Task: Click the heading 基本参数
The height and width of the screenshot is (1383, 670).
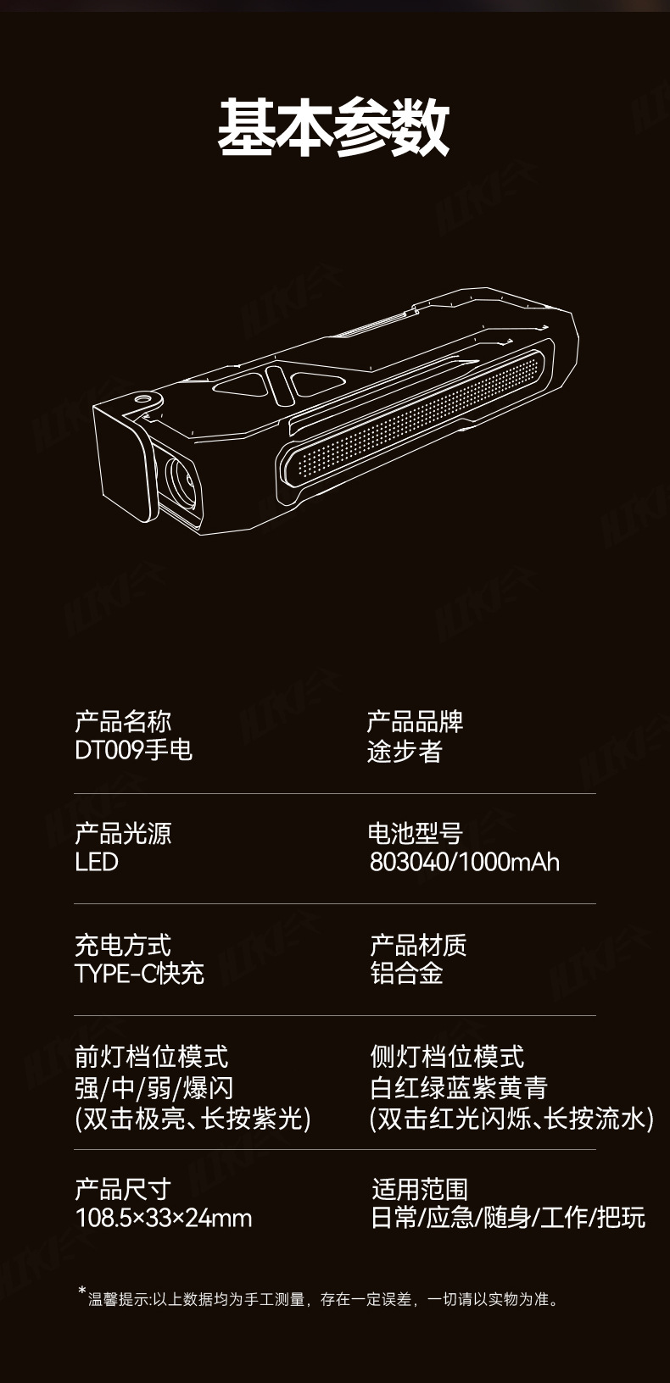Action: click(x=333, y=128)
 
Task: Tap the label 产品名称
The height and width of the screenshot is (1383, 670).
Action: click(x=123, y=722)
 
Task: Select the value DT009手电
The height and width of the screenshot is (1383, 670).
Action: click(x=133, y=751)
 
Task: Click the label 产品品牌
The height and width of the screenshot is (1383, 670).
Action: click(x=415, y=722)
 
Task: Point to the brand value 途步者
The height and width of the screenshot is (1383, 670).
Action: click(x=405, y=751)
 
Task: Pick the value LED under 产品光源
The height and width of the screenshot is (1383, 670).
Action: click(x=96, y=863)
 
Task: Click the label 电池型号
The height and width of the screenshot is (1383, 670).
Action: click(x=415, y=834)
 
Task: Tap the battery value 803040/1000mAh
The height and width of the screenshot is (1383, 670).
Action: click(x=464, y=863)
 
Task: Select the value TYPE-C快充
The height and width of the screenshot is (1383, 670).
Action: click(x=139, y=973)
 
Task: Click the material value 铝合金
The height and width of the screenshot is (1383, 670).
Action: click(x=406, y=973)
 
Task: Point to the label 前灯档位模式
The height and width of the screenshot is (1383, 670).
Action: click(x=151, y=1057)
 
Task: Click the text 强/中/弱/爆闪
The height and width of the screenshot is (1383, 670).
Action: click(x=154, y=1088)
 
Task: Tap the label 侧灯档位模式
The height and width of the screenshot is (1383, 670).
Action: click(x=447, y=1057)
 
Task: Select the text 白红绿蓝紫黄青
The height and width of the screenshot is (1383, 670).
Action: click(x=459, y=1088)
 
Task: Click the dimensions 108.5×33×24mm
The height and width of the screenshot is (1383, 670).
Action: click(x=164, y=1219)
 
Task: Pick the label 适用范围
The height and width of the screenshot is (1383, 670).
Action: click(x=420, y=1190)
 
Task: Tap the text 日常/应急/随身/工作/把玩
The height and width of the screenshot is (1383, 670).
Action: click(x=508, y=1219)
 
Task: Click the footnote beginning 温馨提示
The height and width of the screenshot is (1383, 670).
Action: click(x=322, y=1298)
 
